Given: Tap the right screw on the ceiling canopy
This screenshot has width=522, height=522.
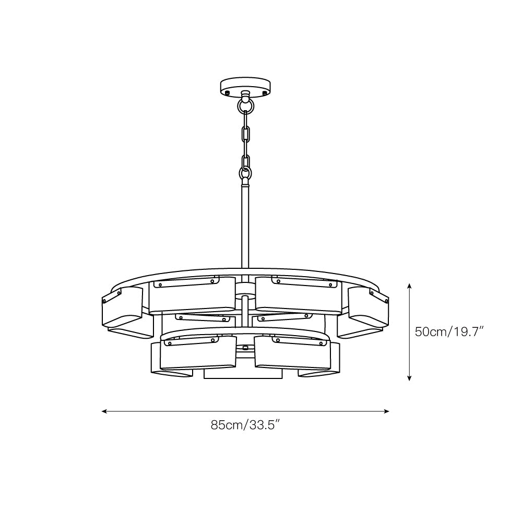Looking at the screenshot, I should click(x=264, y=93).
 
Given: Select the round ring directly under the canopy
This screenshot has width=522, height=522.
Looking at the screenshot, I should click(x=245, y=107).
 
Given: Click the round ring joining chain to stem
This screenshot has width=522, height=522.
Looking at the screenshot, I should click(x=245, y=172).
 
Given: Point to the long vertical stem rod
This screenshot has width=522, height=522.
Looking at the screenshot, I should click(x=245, y=224).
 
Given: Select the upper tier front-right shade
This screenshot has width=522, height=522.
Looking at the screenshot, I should click(x=298, y=295).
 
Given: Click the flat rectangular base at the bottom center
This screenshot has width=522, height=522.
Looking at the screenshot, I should click(x=243, y=374).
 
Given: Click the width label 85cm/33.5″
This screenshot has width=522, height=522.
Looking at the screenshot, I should click(x=246, y=425).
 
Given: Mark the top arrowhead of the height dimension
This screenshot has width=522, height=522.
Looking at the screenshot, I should click(x=410, y=286).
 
